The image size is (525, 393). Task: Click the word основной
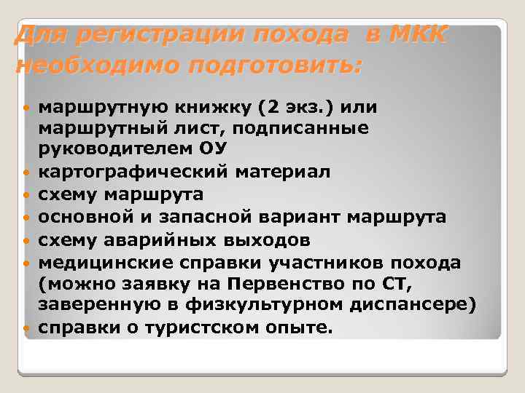[x=82, y=216]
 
